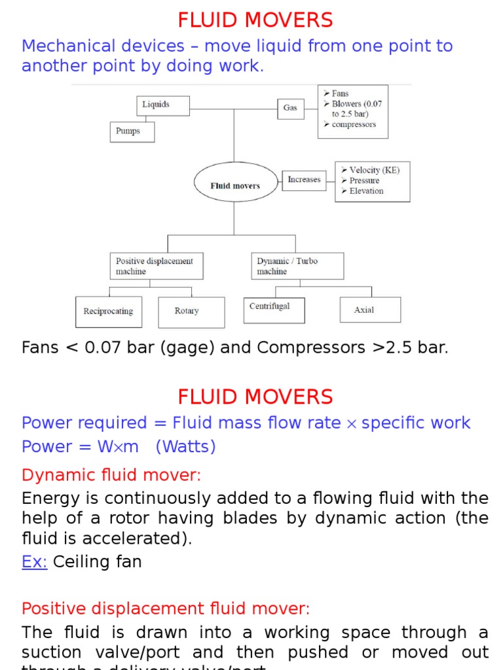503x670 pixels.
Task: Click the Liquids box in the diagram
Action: click(x=163, y=105)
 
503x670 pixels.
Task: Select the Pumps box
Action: click(x=132, y=132)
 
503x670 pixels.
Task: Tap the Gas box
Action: click(x=290, y=107)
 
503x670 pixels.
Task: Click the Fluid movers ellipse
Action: click(x=234, y=186)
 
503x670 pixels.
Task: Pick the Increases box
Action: click(x=304, y=180)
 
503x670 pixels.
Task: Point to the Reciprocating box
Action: click(x=108, y=311)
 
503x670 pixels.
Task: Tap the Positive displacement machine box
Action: click(x=156, y=266)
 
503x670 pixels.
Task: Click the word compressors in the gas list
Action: click(x=354, y=125)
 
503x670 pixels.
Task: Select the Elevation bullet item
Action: click(x=366, y=191)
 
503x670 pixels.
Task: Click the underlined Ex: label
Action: click(x=35, y=561)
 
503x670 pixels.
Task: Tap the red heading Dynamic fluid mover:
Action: click(x=111, y=474)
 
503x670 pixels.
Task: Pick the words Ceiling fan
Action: click(x=97, y=561)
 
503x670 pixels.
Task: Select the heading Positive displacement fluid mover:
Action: click(x=166, y=608)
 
